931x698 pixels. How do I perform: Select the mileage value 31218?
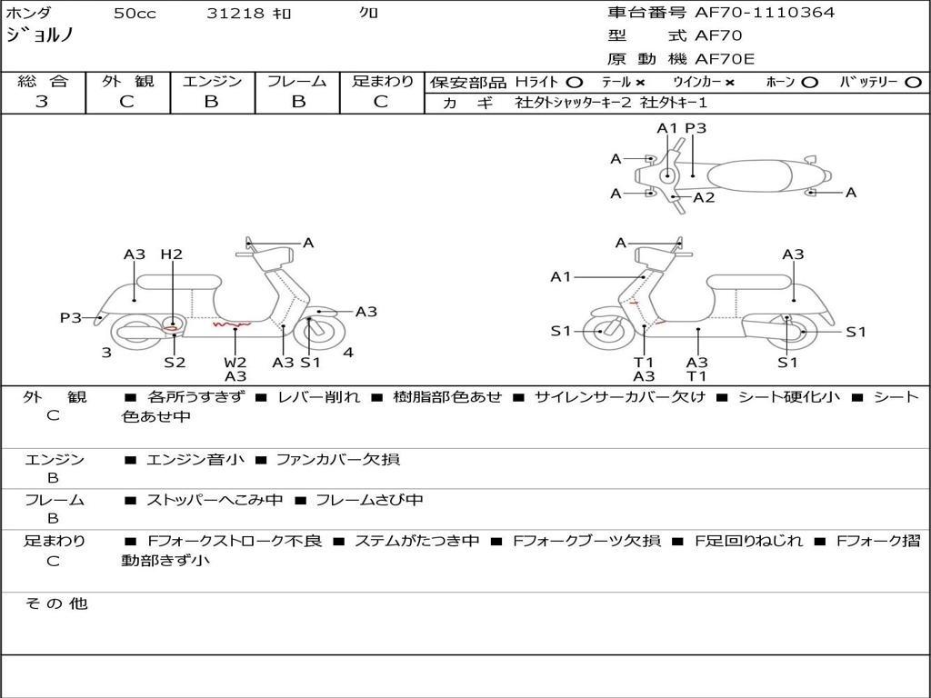click(235, 14)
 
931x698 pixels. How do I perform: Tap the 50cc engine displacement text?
click(135, 14)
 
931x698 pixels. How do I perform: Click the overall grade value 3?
click(42, 102)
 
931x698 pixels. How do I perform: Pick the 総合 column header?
click(43, 82)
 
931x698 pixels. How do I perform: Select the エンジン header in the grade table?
click(212, 82)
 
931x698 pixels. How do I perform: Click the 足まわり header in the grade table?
click(383, 82)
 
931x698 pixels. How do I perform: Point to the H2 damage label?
click(171, 254)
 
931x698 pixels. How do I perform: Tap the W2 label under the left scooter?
click(235, 362)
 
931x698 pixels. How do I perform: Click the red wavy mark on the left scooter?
click(232, 323)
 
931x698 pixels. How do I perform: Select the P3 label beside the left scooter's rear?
click(71, 318)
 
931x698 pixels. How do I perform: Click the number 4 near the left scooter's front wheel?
click(348, 353)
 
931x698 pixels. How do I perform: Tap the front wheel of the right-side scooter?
click(602, 332)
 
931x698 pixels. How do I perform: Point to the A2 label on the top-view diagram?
click(704, 197)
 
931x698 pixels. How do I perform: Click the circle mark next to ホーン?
click(809, 82)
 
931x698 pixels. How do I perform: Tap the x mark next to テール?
click(640, 82)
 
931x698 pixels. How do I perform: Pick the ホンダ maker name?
click(29, 13)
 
